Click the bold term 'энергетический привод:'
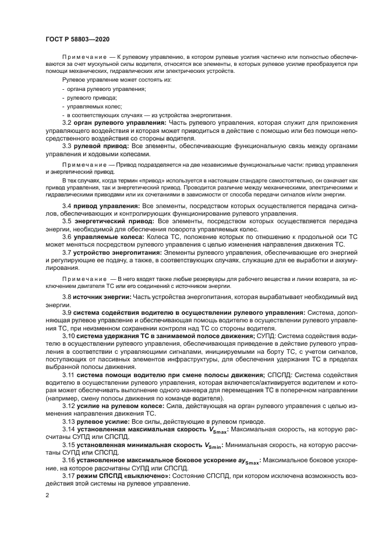pyautogui.click(x=114, y=222)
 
